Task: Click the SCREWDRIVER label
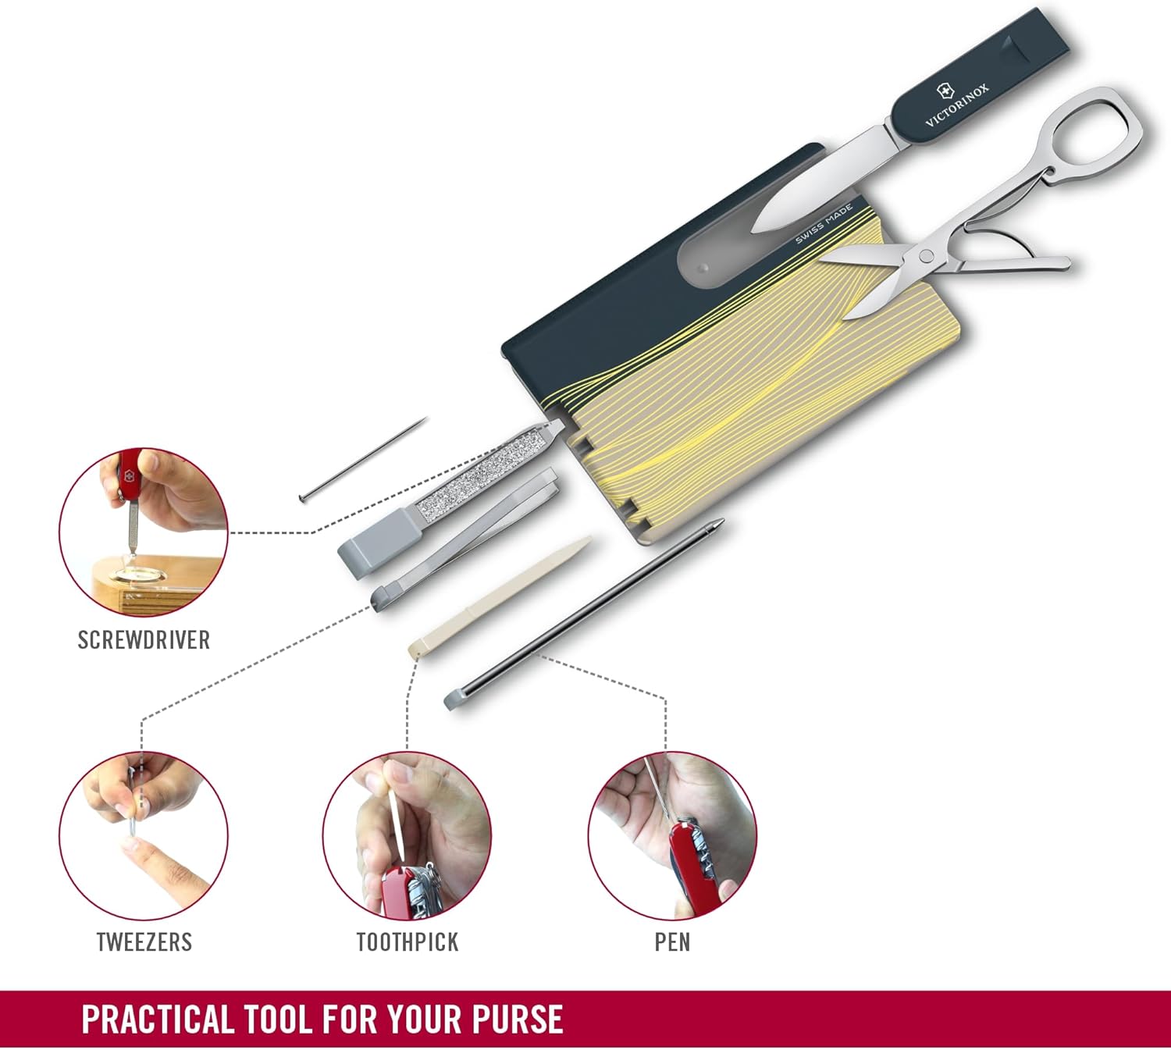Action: click(x=144, y=640)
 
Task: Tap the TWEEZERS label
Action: click(x=144, y=942)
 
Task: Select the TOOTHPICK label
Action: click(x=408, y=942)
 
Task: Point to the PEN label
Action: click(x=672, y=942)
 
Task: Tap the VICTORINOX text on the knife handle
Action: click(x=956, y=105)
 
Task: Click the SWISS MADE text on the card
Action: click(x=824, y=223)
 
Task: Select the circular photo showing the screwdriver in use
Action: click(x=144, y=532)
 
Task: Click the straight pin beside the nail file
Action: click(x=363, y=459)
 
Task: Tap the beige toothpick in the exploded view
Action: click(x=500, y=596)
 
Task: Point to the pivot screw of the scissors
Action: click(x=926, y=255)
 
